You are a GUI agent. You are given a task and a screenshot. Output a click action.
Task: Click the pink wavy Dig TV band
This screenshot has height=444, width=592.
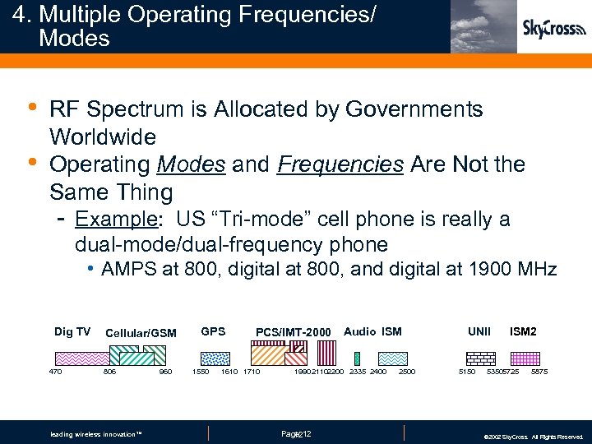(81, 358)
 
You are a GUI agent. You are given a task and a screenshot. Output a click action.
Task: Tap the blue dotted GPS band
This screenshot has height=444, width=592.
(215, 358)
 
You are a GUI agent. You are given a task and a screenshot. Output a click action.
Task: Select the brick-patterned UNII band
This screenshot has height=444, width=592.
(480, 358)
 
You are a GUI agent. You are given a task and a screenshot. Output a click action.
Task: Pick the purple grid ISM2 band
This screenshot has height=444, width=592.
(524, 358)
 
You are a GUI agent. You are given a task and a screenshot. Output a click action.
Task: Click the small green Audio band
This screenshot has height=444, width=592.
(357, 358)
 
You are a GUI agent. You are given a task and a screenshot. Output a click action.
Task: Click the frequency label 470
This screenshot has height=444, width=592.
(55, 372)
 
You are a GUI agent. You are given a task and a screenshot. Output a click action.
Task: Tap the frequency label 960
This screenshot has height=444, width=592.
(165, 372)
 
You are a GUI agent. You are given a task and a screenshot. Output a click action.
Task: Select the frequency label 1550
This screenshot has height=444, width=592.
(200, 372)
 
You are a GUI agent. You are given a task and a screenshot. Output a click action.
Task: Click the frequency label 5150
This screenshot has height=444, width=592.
(466, 372)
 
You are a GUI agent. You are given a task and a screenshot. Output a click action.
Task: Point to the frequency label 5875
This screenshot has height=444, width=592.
(539, 372)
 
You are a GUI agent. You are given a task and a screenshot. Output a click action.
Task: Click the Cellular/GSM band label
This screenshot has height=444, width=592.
(141, 333)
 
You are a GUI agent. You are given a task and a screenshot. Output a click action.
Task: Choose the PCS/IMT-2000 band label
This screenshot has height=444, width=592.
(293, 332)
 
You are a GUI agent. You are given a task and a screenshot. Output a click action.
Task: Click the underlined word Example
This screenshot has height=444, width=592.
(104, 220)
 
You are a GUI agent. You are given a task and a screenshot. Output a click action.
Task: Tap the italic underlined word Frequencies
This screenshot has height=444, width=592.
(340, 164)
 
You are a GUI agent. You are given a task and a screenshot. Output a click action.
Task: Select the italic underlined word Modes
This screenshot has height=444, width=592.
(191, 164)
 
